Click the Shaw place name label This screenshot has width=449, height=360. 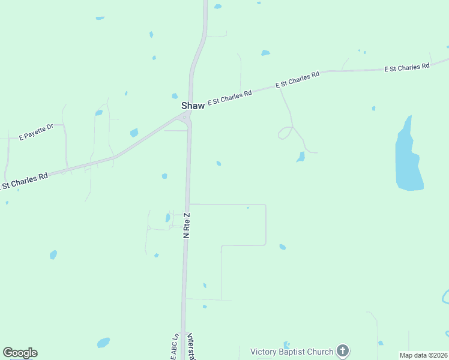pos(193,106)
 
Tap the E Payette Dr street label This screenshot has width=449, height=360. pos(37,131)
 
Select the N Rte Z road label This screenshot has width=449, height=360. pos(187,225)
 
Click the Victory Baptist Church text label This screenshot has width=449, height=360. pos(292,352)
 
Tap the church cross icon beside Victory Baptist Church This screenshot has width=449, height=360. pos(342,351)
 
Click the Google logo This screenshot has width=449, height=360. pos(20,353)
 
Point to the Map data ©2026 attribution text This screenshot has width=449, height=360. pos(424,355)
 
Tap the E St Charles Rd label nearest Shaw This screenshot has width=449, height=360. pos(229,97)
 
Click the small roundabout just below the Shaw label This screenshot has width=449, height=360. pos(185,117)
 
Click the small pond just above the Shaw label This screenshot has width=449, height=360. pos(175,96)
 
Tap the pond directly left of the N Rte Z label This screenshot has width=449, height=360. pos(167,218)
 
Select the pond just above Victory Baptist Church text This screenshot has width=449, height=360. pos(286,344)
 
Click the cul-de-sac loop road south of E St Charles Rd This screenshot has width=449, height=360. pos(285,133)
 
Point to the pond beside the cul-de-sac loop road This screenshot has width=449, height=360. pos(301,157)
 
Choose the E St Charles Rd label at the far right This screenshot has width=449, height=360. pos(407,67)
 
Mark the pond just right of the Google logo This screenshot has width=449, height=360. pos(103,343)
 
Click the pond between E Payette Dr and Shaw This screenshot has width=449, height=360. pos(134,133)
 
